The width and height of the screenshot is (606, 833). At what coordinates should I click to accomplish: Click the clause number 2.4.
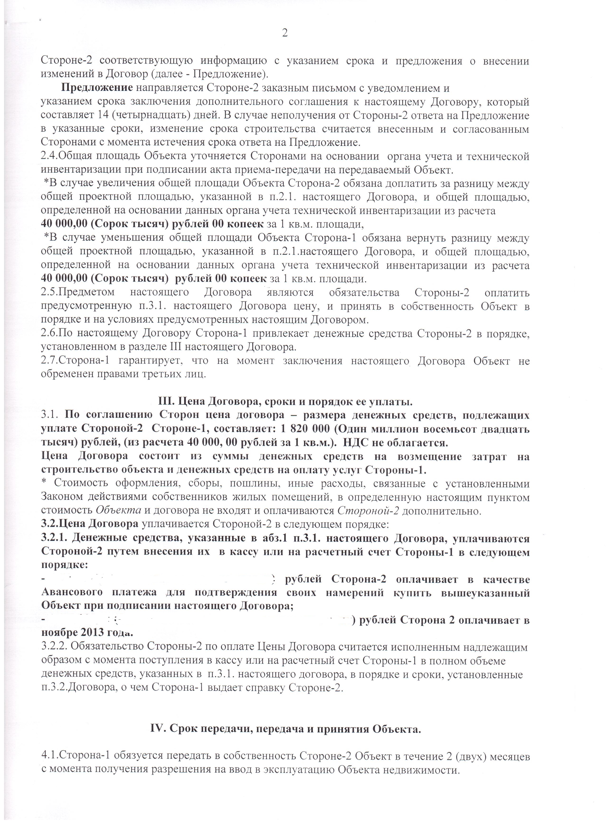click(x=49, y=156)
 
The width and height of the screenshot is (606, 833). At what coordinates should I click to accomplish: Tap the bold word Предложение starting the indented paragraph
click(x=97, y=88)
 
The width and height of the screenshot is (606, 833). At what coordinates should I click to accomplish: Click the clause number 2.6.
click(x=49, y=333)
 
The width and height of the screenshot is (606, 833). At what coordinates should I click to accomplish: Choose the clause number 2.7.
click(x=49, y=361)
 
